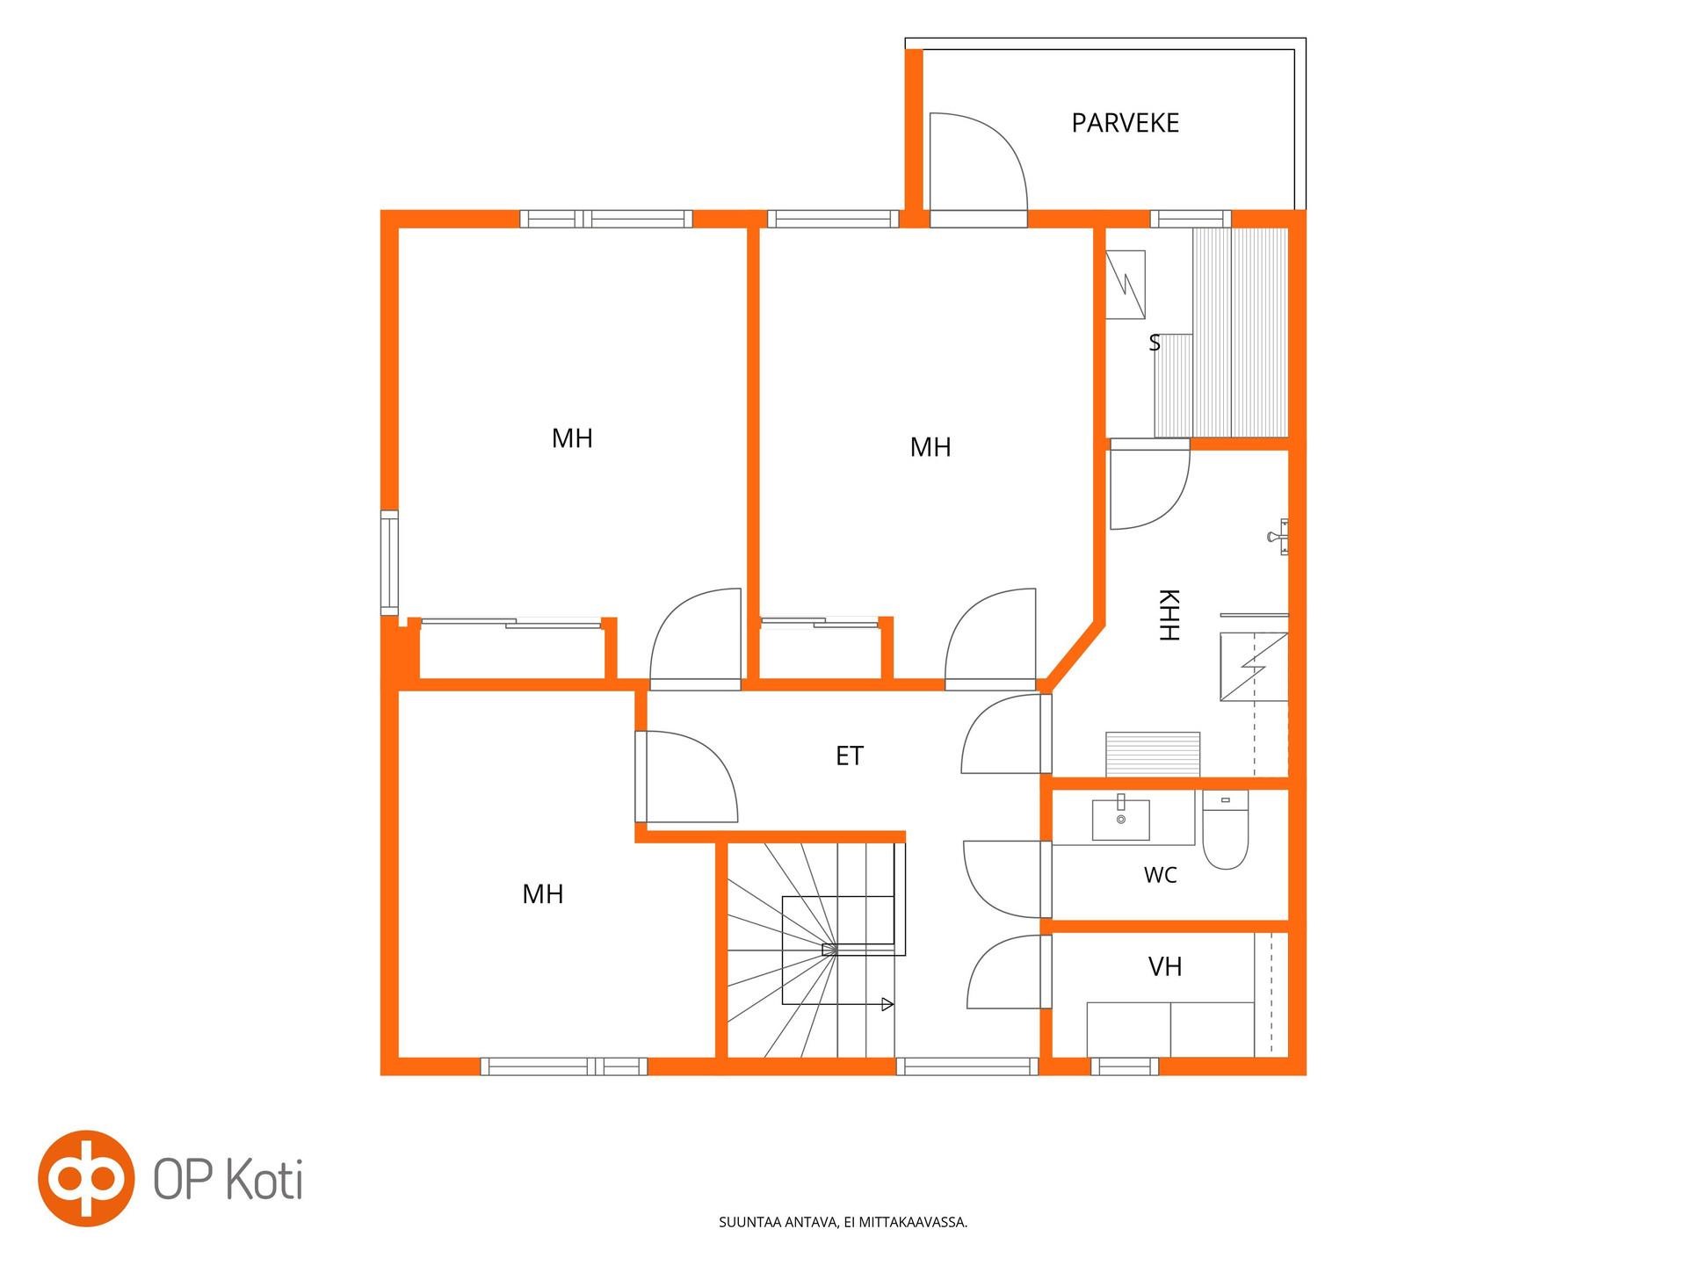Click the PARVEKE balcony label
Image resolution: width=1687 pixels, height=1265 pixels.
tap(1125, 123)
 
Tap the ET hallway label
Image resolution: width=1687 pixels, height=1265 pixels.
tap(850, 755)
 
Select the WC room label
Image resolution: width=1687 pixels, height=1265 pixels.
tap(1160, 875)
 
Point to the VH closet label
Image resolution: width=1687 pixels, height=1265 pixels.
tap(1165, 967)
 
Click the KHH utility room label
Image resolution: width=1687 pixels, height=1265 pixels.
tap(1169, 615)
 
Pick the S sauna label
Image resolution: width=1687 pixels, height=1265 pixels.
tap(1155, 343)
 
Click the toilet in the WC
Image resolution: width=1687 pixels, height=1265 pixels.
tap(1225, 829)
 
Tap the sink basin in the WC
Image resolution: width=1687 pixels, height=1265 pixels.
tap(1120, 819)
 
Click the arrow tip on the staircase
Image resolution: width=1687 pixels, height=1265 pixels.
tap(893, 1004)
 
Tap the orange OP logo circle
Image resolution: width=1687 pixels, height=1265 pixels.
tap(86, 1178)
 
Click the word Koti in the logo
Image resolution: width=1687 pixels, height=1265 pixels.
tap(264, 1180)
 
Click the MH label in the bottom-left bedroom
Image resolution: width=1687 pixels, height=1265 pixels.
tap(543, 894)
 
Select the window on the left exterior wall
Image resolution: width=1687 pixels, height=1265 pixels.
tap(389, 563)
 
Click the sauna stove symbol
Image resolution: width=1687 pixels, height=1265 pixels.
tap(1126, 285)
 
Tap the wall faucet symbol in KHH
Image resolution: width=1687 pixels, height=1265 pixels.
tap(1280, 536)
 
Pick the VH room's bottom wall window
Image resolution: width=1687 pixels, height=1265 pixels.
tap(1125, 1066)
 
